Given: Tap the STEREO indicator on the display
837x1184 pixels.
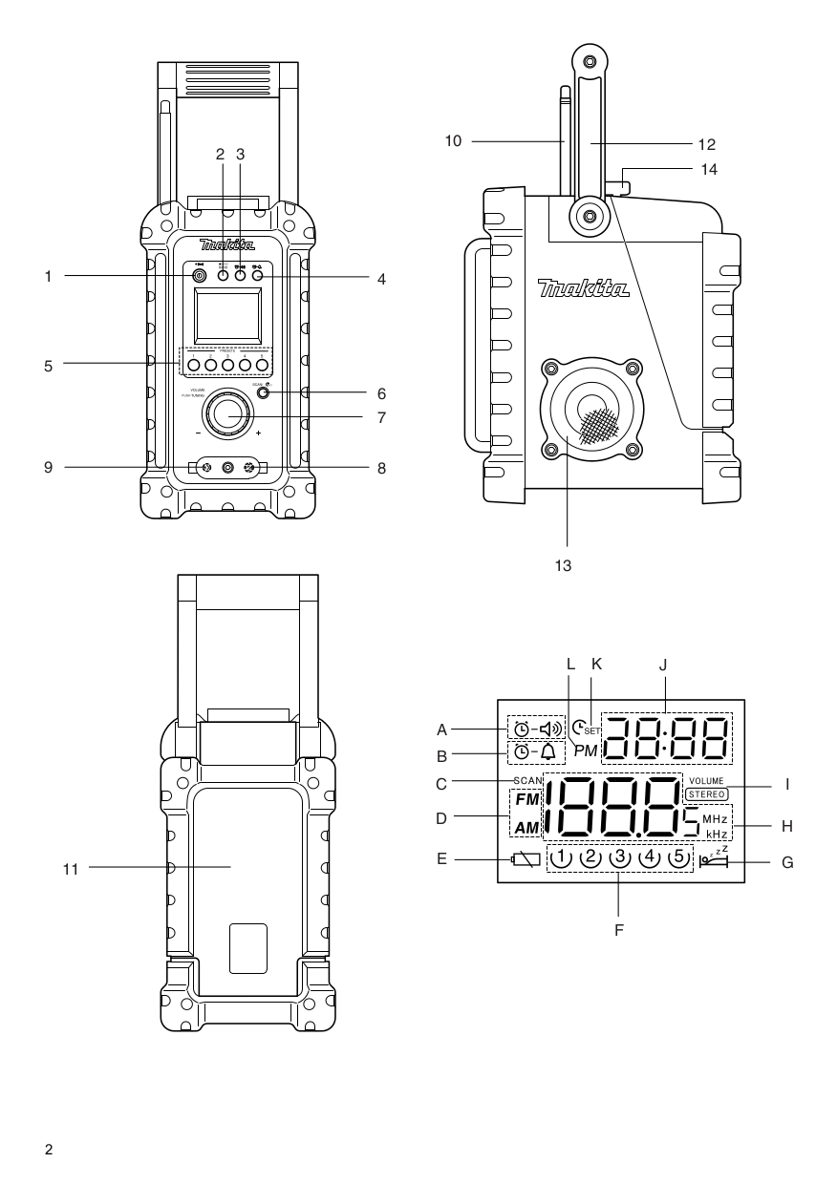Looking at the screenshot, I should tap(706, 793).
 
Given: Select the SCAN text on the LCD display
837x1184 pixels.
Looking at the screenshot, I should tap(526, 781).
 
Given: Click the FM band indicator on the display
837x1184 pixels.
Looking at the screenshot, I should tap(527, 798).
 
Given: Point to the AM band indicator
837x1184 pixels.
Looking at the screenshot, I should tap(527, 827).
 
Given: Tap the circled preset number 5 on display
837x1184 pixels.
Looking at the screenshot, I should tap(678, 856).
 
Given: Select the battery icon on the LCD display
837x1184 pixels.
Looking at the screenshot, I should tap(525, 859).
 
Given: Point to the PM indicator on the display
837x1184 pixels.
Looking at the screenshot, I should tap(586, 751).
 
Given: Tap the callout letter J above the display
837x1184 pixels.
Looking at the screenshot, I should tap(665, 663).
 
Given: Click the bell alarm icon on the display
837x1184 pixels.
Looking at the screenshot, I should tap(549, 751).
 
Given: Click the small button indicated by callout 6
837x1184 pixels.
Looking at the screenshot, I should tap(262, 392).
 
